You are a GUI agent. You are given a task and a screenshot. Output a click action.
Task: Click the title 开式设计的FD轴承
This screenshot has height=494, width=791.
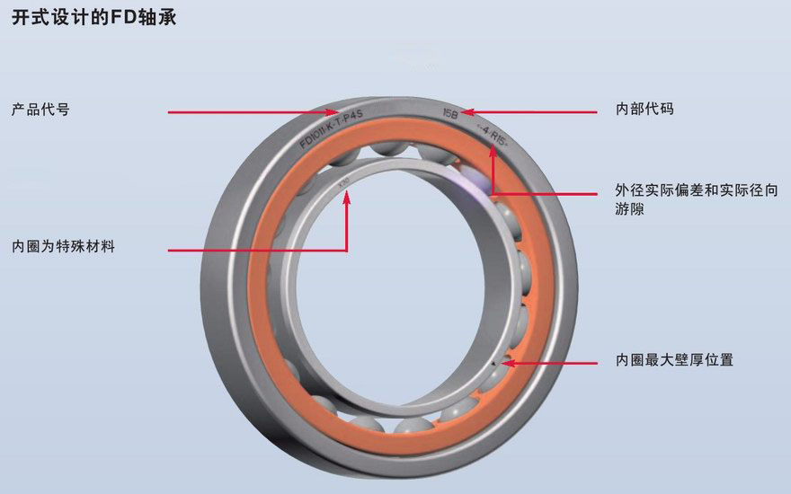(x=94, y=17)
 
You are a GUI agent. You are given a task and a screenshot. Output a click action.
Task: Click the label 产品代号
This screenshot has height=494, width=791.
(x=40, y=110)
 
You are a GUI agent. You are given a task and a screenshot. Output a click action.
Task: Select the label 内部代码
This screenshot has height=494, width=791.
(x=644, y=110)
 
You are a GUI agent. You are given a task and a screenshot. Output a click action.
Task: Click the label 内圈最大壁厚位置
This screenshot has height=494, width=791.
(x=674, y=360)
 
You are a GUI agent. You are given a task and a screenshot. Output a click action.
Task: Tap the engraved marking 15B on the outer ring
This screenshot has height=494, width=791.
(x=449, y=113)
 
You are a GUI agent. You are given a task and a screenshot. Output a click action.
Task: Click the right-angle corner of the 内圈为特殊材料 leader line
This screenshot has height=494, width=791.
(x=347, y=249)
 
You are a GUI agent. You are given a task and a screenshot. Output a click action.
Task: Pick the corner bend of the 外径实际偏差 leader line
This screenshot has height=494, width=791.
(x=492, y=191)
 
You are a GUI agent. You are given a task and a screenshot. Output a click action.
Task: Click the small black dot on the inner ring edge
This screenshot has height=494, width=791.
(x=495, y=364)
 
